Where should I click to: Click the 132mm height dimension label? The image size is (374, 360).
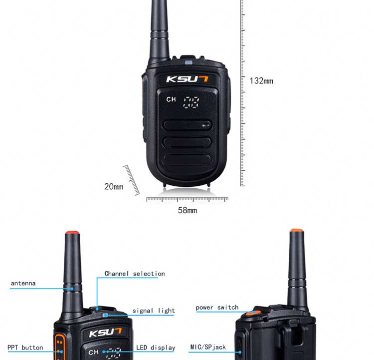click(x=261, y=81)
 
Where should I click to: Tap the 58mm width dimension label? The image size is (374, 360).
click(x=187, y=210)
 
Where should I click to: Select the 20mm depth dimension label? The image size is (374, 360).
click(x=114, y=186)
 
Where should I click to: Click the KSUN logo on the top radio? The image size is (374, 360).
click(x=187, y=79)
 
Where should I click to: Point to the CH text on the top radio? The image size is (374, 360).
click(x=171, y=99)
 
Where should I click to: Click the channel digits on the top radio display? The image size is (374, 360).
click(x=191, y=102)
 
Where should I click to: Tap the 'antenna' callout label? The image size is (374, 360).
click(x=23, y=283)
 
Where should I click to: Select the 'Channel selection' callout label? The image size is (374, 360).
click(x=135, y=274)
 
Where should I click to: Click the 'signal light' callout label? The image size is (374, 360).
click(x=154, y=311)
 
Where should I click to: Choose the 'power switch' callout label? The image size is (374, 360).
click(x=217, y=307)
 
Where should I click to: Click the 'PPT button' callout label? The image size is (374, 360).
click(x=25, y=348)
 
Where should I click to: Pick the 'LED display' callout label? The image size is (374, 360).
click(x=156, y=348)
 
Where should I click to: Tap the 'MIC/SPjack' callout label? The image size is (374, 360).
click(x=208, y=347)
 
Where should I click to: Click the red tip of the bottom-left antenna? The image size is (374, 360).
click(x=72, y=233)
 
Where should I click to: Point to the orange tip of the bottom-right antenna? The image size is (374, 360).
click(x=297, y=230)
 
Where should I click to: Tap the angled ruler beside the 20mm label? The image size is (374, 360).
click(x=131, y=180)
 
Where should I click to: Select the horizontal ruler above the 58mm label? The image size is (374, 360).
click(x=187, y=199)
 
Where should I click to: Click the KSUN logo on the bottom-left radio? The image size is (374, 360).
click(x=105, y=332)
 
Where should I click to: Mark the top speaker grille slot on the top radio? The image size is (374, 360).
click(x=187, y=125)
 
